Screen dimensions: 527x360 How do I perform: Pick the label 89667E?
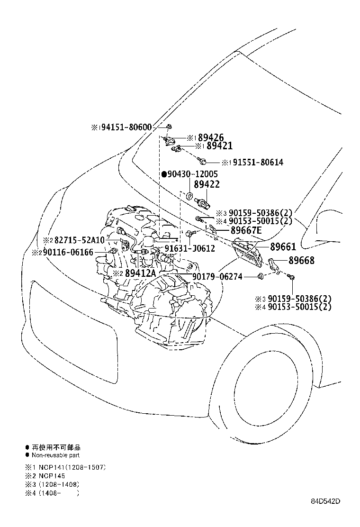246,230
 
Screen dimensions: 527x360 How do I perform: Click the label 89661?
283,246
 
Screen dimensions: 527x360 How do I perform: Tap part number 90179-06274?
217,276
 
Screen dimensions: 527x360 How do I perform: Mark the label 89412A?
141,273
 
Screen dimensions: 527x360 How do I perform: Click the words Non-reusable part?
55,455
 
